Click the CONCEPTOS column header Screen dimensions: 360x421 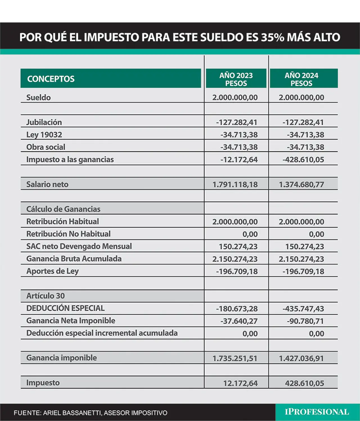point(51,79)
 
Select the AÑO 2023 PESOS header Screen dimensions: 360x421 point(236,79)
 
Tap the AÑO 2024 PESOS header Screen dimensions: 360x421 point(301,79)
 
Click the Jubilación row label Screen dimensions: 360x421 point(44,122)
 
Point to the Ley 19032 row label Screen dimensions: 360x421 point(44,135)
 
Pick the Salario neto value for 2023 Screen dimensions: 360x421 point(235,185)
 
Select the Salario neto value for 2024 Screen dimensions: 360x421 point(301,185)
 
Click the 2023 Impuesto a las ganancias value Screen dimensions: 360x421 point(239,159)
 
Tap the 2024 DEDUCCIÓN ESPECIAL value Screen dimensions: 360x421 point(303,309)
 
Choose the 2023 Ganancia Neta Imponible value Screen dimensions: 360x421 point(239,321)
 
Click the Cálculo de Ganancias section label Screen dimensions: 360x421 point(63,209)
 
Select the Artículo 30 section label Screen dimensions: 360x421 point(46,296)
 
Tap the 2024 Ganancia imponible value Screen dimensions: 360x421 point(301,358)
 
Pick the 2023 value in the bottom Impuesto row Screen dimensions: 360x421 point(240,383)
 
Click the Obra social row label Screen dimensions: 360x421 point(46,147)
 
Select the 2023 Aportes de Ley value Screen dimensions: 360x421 point(237,271)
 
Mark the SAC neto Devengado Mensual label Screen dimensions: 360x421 point(79,246)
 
